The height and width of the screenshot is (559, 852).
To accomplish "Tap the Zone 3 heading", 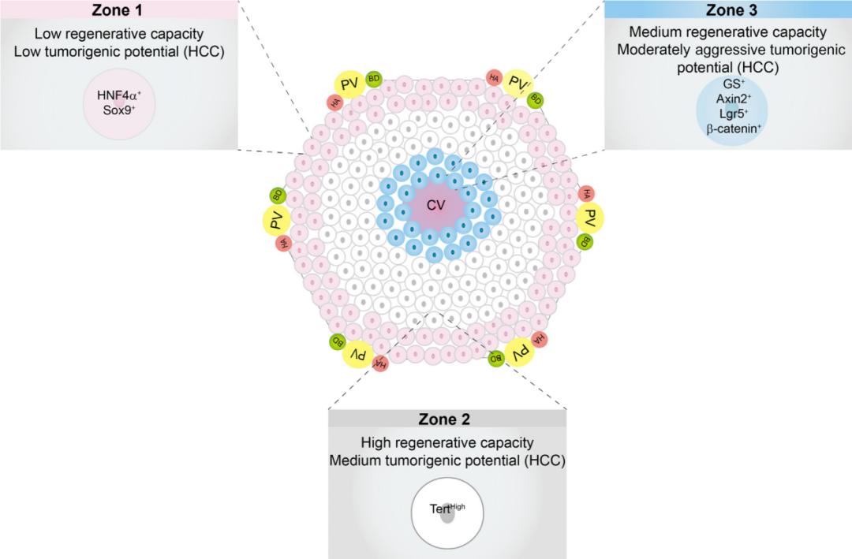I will pos(727,10).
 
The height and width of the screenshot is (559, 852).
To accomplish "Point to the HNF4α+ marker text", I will pos(119,95).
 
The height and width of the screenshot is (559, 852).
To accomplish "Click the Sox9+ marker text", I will pos(119,109).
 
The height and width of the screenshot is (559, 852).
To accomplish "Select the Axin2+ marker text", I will pos(733,99).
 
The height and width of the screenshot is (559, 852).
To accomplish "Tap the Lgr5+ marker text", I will pos(733,113).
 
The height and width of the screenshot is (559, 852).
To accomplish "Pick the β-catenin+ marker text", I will pos(733,127).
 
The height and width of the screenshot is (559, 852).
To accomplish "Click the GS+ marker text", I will pos(733,84).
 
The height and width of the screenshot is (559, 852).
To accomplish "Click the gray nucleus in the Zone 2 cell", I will pos(447,516).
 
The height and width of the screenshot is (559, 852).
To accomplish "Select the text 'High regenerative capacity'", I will pos(447,442).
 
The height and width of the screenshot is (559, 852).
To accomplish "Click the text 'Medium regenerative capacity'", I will pos(727,32).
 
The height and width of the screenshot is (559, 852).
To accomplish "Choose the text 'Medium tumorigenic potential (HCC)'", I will pos(447,460).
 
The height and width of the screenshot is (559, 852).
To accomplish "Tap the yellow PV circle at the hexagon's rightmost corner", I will pos(589,218).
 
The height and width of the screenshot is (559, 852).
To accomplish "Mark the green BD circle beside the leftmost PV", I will pos(277,195).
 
